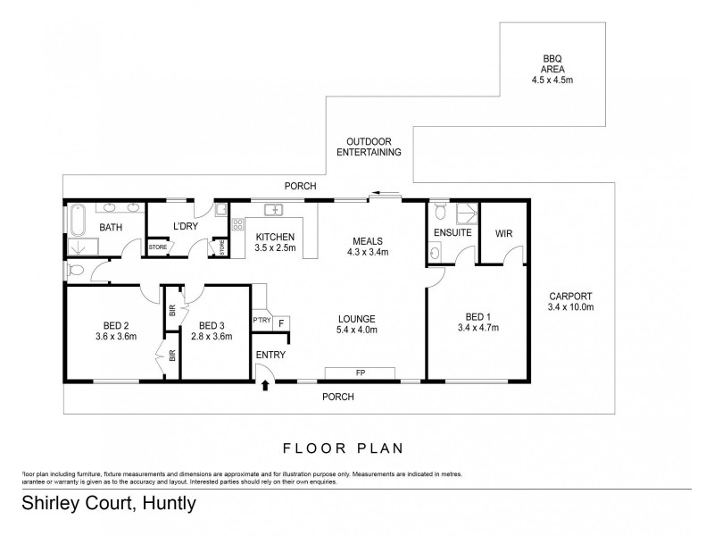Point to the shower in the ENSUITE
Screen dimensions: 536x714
click(466, 213)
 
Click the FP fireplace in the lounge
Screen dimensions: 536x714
click(361, 372)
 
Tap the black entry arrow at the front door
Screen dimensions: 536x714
click(264, 386)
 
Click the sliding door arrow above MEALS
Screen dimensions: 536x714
click(386, 191)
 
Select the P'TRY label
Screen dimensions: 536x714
click(262, 321)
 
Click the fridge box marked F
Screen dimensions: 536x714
click(281, 322)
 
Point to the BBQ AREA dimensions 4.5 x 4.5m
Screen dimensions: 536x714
click(552, 80)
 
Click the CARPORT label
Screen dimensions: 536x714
click(569, 297)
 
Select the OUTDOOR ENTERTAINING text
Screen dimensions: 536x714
click(369, 147)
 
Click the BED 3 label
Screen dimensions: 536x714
click(215, 325)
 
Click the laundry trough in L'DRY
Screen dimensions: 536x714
click(219, 212)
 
